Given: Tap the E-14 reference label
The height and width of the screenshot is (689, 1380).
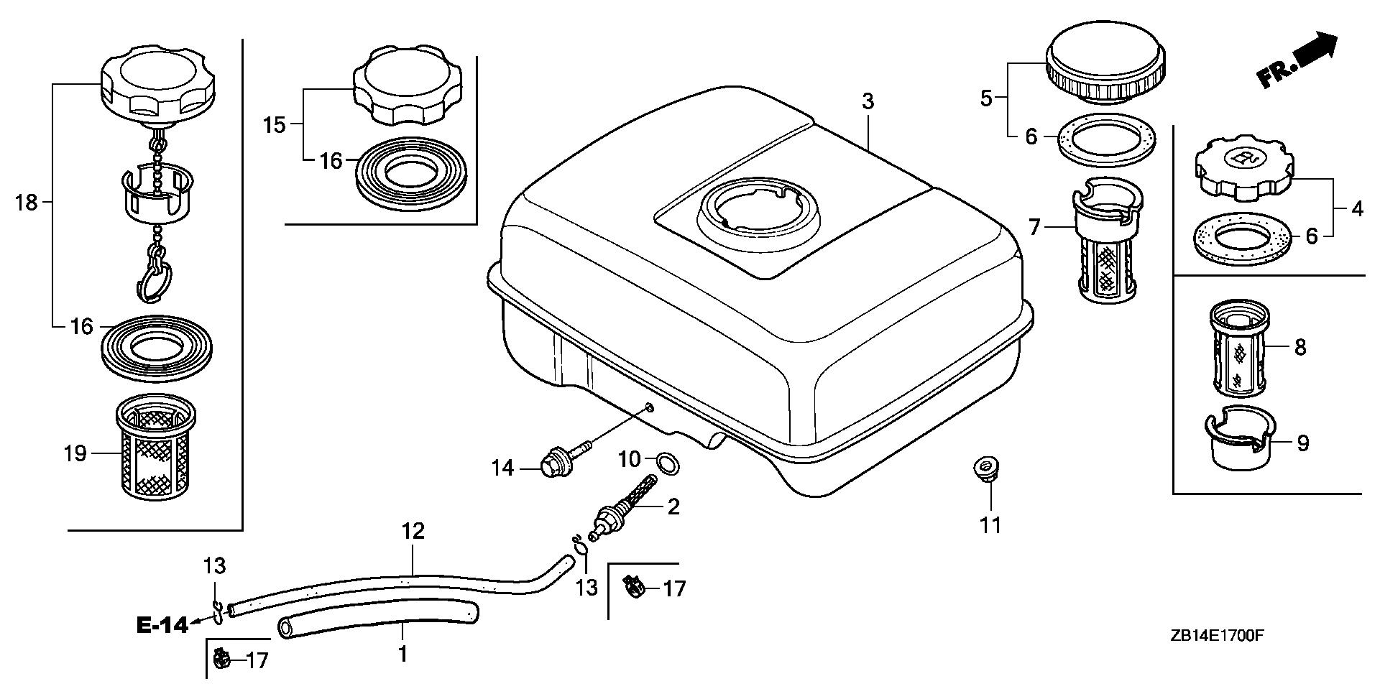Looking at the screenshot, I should tap(162, 625).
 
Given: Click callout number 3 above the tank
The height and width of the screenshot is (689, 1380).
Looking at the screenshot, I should tap(868, 101).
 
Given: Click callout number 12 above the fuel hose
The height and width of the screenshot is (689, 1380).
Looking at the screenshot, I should tap(413, 532).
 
